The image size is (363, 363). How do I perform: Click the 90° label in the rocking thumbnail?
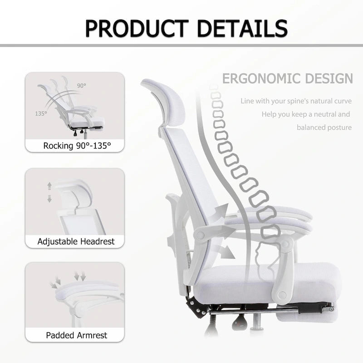point(81,85)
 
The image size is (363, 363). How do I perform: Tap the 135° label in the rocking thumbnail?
point(41,113)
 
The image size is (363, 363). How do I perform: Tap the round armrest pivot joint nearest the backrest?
point(201,235)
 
